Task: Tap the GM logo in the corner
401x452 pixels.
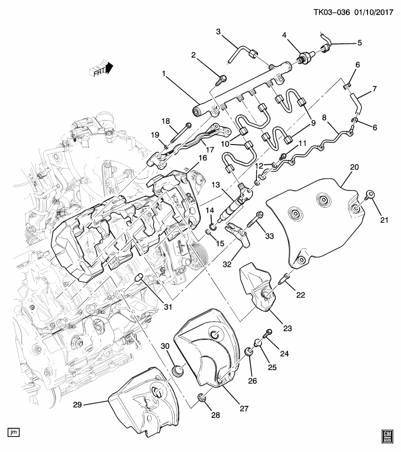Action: click(x=387, y=435)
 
